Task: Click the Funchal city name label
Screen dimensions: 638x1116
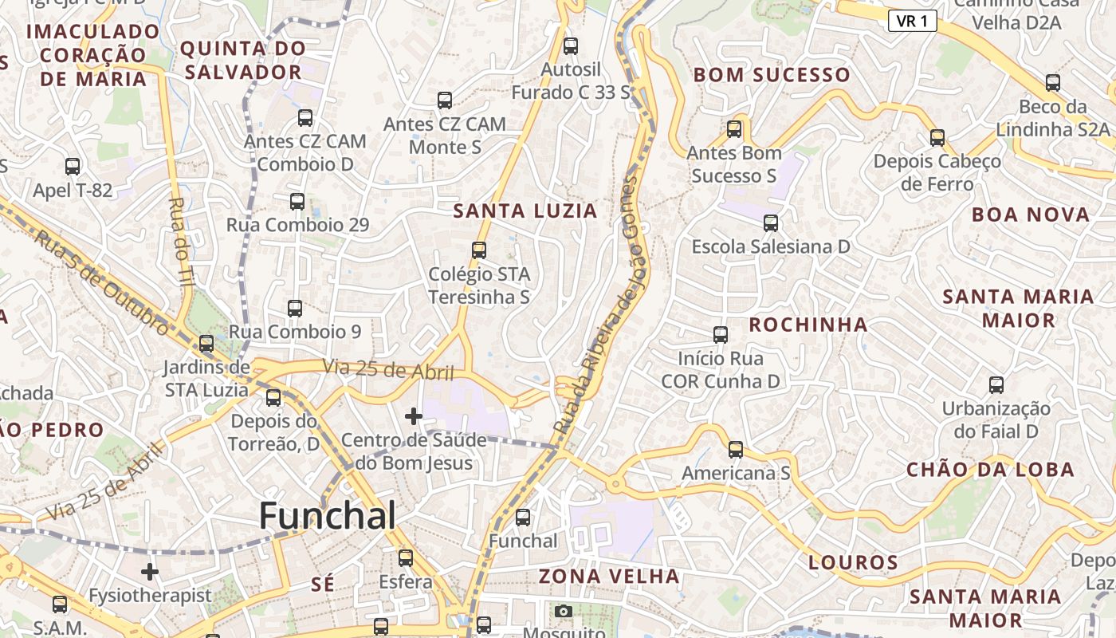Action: pos(327,516)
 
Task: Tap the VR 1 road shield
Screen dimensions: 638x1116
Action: pos(912,21)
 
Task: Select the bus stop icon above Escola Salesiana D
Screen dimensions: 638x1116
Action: pos(770,223)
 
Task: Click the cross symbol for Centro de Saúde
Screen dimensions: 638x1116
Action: pos(413,415)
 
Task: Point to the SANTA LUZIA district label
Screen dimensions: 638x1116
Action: pos(525,211)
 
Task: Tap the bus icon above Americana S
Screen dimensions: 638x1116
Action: pos(735,450)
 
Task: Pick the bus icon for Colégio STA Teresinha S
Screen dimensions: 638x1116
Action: pos(478,250)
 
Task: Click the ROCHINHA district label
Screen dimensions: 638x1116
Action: pos(808,324)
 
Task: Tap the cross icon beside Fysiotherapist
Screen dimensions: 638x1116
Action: pos(150,572)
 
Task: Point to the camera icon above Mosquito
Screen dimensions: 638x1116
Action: pos(563,612)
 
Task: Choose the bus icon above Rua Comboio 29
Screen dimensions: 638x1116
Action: pos(297,202)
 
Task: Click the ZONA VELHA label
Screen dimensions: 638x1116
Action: pos(609,576)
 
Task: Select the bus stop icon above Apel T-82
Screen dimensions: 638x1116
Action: pos(73,167)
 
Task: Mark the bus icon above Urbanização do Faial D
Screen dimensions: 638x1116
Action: pos(996,385)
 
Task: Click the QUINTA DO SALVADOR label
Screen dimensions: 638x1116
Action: pos(242,60)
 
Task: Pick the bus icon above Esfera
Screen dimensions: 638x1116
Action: pos(406,558)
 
